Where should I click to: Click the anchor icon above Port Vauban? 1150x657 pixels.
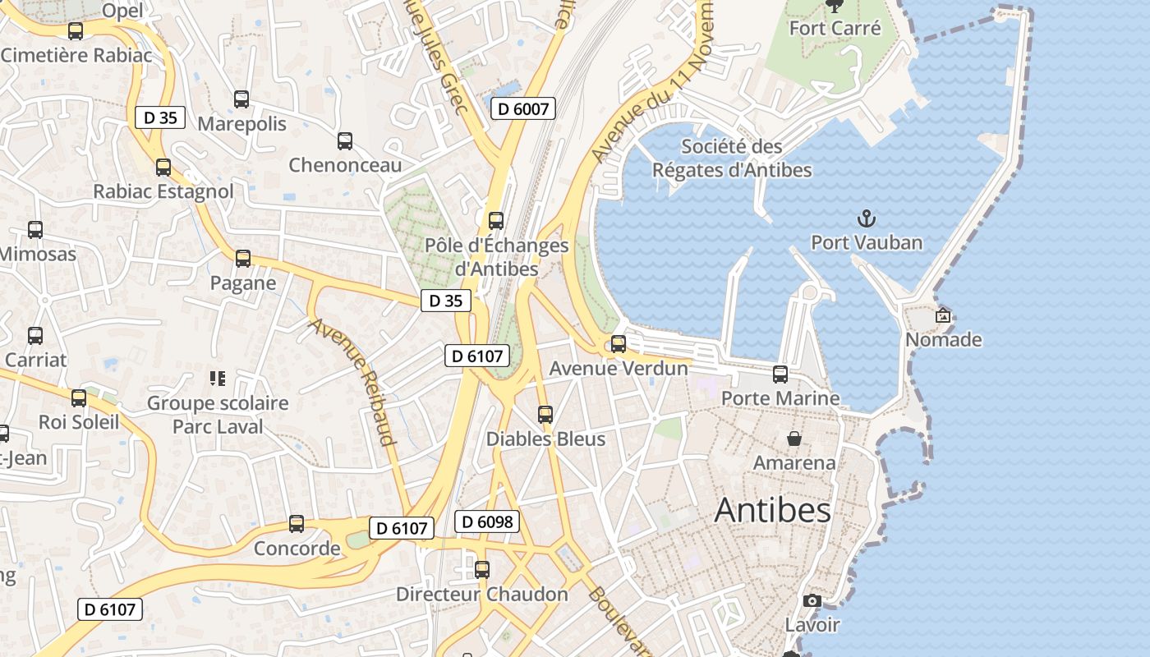[867, 218]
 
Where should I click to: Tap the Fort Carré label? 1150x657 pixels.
[835, 28]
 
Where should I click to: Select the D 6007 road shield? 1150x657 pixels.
[524, 108]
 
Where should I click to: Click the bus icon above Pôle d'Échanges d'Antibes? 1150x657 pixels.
[496, 220]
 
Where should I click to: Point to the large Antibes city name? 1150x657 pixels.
[772, 510]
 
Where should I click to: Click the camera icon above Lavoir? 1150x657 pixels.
[812, 600]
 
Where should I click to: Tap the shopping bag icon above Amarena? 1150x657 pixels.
[794, 439]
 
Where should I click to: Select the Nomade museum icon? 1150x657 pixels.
[943, 315]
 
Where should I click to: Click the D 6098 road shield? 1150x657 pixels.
[487, 521]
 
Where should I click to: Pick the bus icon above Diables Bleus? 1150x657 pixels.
[545, 415]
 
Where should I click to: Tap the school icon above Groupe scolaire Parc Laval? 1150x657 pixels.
[218, 379]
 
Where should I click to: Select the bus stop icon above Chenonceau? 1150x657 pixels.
[345, 141]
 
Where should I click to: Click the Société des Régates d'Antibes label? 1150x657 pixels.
[732, 159]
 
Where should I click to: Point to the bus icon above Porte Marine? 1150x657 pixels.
[780, 374]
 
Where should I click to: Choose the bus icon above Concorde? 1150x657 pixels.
[297, 524]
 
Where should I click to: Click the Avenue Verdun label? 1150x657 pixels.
[618, 368]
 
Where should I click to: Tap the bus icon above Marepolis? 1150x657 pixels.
[241, 99]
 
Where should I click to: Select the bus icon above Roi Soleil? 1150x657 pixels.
[79, 398]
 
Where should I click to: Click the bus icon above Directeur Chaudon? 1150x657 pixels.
[482, 569]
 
